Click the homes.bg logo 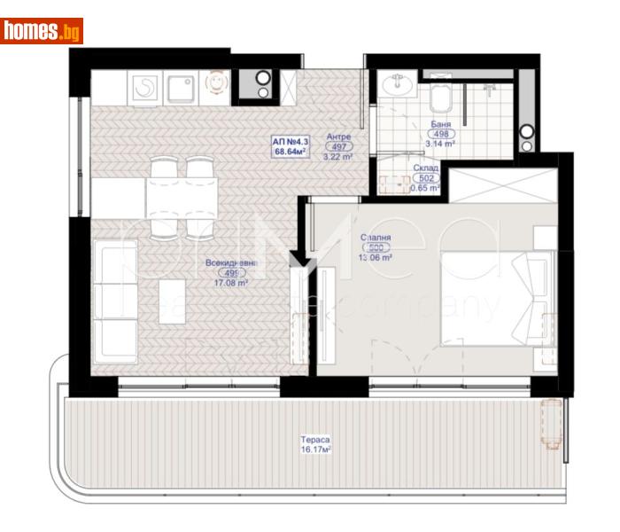tap(42, 31)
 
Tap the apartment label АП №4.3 tap(291, 141)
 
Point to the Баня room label tap(442, 124)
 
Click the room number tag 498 tap(442, 134)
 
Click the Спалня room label tap(376, 238)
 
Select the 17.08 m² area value tap(230, 284)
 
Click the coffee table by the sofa tap(171, 301)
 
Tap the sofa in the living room tap(112, 301)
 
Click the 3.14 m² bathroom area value tap(440, 144)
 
